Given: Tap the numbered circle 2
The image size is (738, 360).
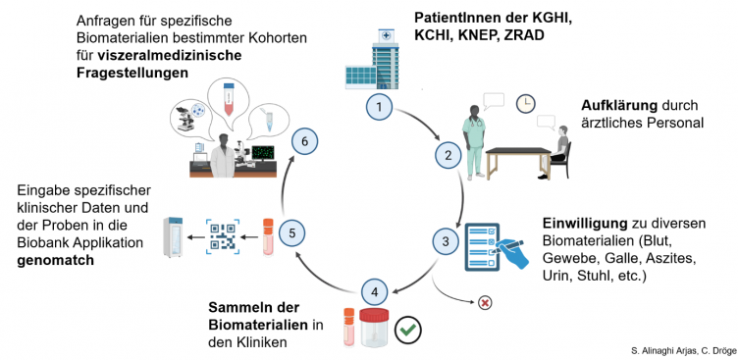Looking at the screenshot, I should tap(448, 155).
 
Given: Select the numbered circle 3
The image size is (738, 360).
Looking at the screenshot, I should tap(444, 240).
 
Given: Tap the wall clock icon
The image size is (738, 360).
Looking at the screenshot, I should tap(526, 103).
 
